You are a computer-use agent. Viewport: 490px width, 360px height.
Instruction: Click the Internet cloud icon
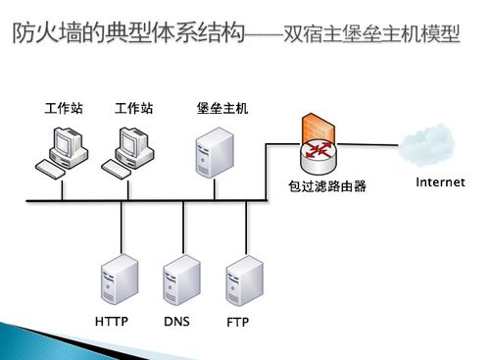click(x=430, y=150)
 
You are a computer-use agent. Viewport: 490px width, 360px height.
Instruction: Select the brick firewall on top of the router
click(x=317, y=129)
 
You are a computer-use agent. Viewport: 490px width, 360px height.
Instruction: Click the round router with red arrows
click(x=317, y=152)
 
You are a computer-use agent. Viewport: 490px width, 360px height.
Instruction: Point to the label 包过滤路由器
click(x=326, y=184)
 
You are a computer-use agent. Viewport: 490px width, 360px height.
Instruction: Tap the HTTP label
click(x=112, y=322)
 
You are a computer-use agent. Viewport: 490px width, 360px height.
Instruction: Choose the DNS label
click(x=176, y=322)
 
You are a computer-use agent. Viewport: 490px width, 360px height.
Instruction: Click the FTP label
click(x=237, y=322)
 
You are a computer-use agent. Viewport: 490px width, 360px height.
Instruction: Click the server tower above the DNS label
click(x=181, y=280)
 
